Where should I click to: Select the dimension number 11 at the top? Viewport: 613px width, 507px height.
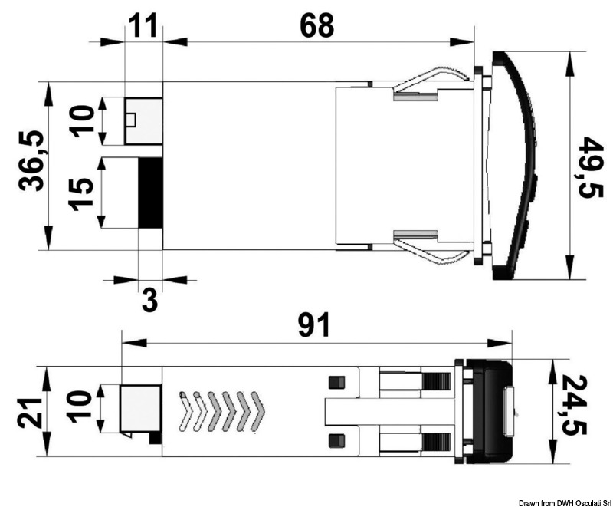(143, 25)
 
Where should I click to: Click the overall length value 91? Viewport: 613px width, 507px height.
(314, 325)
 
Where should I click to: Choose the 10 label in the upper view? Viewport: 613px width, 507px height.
(83, 121)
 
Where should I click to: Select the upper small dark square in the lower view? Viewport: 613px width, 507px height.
(333, 383)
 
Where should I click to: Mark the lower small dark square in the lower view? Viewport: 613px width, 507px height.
(333, 440)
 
